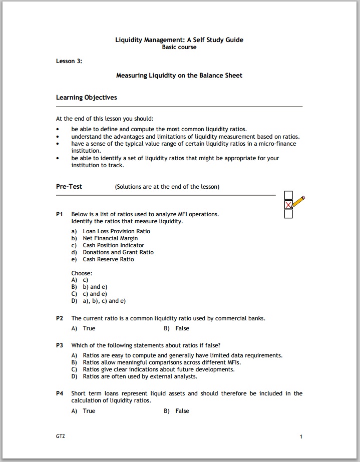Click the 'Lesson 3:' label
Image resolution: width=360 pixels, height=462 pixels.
click(69, 61)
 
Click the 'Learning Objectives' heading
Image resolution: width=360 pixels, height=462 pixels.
click(86, 98)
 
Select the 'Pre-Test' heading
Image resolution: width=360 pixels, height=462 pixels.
click(69, 187)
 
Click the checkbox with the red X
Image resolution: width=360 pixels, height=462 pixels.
click(288, 205)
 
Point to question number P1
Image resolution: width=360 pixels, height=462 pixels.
click(60, 214)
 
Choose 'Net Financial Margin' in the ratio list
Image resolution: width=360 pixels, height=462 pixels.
click(110, 238)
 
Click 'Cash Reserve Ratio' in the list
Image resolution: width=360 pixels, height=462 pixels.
click(108, 259)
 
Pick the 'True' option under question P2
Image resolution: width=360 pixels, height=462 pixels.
click(89, 328)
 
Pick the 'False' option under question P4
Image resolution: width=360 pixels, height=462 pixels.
click(182, 411)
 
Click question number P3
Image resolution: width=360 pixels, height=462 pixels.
click(60, 345)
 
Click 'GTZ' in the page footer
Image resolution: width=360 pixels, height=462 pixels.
click(61, 436)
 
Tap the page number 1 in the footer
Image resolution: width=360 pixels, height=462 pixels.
click(301, 437)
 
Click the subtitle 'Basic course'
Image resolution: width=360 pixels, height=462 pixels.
click(179, 47)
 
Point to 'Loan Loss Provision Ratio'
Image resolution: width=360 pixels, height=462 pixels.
click(116, 231)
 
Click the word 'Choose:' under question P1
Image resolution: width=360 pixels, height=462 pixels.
click(82, 273)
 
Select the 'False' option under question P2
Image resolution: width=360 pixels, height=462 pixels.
click(182, 328)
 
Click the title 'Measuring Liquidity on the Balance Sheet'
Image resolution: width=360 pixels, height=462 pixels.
click(179, 76)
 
